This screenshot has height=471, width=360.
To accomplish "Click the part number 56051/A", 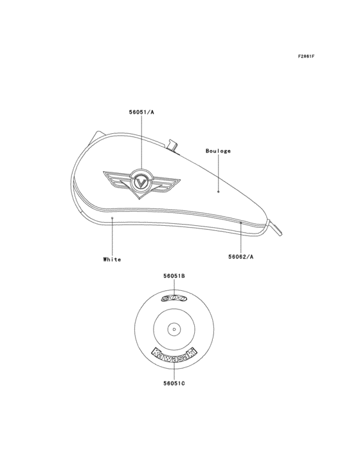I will (141, 112).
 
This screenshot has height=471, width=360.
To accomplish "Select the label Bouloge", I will (218, 151).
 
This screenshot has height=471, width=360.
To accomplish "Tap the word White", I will (112, 259).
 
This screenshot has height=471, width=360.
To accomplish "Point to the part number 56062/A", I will (241, 256).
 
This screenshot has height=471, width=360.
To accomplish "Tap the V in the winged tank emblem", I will (141, 183).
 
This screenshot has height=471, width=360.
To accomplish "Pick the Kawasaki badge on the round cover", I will (174, 354).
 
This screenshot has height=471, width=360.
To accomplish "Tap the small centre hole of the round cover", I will (174, 329).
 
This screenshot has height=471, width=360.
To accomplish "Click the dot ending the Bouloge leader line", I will (219, 192).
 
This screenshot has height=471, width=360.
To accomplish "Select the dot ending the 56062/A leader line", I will (241, 223).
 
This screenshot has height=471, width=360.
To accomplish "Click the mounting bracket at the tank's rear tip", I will (277, 227).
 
